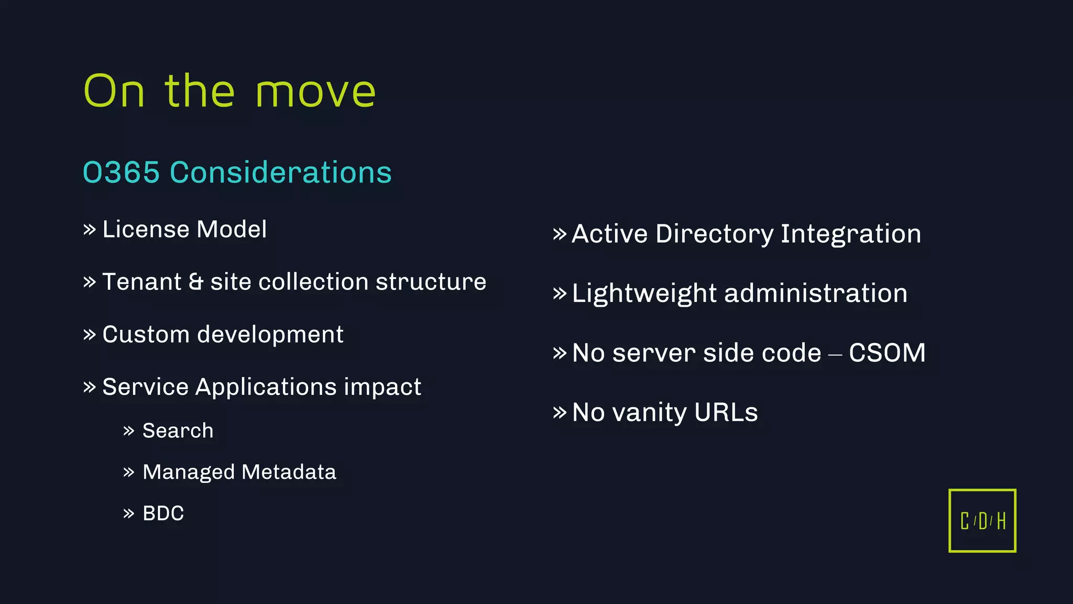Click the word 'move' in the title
click(x=315, y=92)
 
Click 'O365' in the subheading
click(x=121, y=172)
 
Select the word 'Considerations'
click(x=280, y=172)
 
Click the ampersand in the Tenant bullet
click(x=195, y=282)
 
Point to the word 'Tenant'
click(x=141, y=282)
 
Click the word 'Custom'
click(x=146, y=335)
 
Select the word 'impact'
click(x=382, y=387)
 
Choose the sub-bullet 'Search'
click(x=178, y=431)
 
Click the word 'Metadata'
click(x=289, y=472)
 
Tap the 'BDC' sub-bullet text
click(x=163, y=513)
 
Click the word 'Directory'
click(x=714, y=234)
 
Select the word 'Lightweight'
click(x=644, y=293)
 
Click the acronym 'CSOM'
click(x=887, y=353)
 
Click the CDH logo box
click(x=982, y=521)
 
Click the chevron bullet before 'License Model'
click(x=90, y=230)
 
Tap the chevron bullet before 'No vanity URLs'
click(x=560, y=412)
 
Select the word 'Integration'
click(x=850, y=234)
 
